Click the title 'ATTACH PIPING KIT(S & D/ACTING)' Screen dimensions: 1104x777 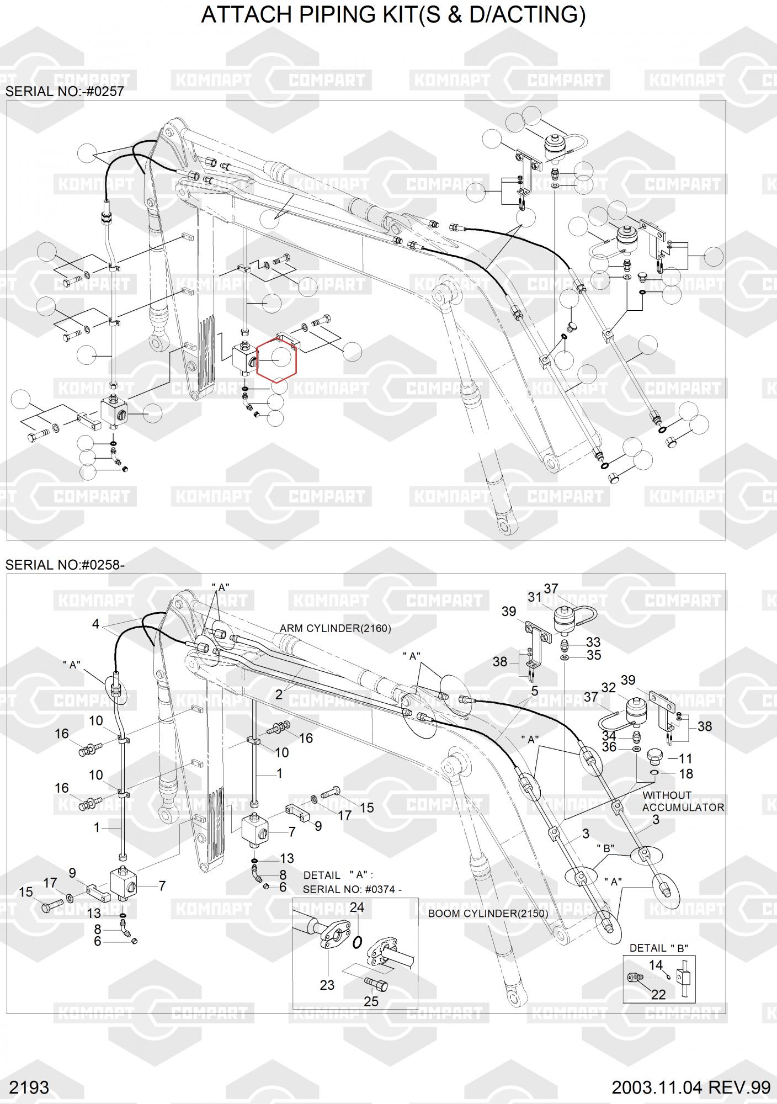click(x=393, y=15)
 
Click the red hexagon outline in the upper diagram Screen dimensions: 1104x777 click(x=276, y=359)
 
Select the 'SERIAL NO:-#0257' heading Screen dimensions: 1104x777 click(x=65, y=91)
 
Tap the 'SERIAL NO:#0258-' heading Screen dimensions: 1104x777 click(x=65, y=565)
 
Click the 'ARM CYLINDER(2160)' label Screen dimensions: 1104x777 click(x=335, y=628)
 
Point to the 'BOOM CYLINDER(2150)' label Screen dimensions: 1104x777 click(x=488, y=913)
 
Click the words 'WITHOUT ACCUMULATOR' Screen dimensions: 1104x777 click(x=683, y=801)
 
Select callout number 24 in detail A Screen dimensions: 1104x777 click(x=357, y=907)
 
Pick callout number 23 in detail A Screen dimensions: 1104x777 click(x=327, y=985)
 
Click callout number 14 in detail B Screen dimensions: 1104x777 click(x=656, y=965)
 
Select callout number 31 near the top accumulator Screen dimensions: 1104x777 click(x=535, y=597)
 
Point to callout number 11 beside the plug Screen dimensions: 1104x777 click(x=685, y=758)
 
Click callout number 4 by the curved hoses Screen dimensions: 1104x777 click(x=96, y=624)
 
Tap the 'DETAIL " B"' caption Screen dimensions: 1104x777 click(x=659, y=948)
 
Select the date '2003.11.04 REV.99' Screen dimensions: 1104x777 click(x=691, y=1087)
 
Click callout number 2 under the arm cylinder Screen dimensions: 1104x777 click(x=279, y=694)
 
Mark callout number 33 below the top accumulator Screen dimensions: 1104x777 click(x=593, y=642)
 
